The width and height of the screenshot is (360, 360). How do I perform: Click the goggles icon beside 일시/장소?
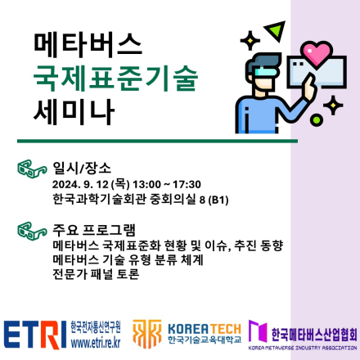[x=32, y=170]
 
